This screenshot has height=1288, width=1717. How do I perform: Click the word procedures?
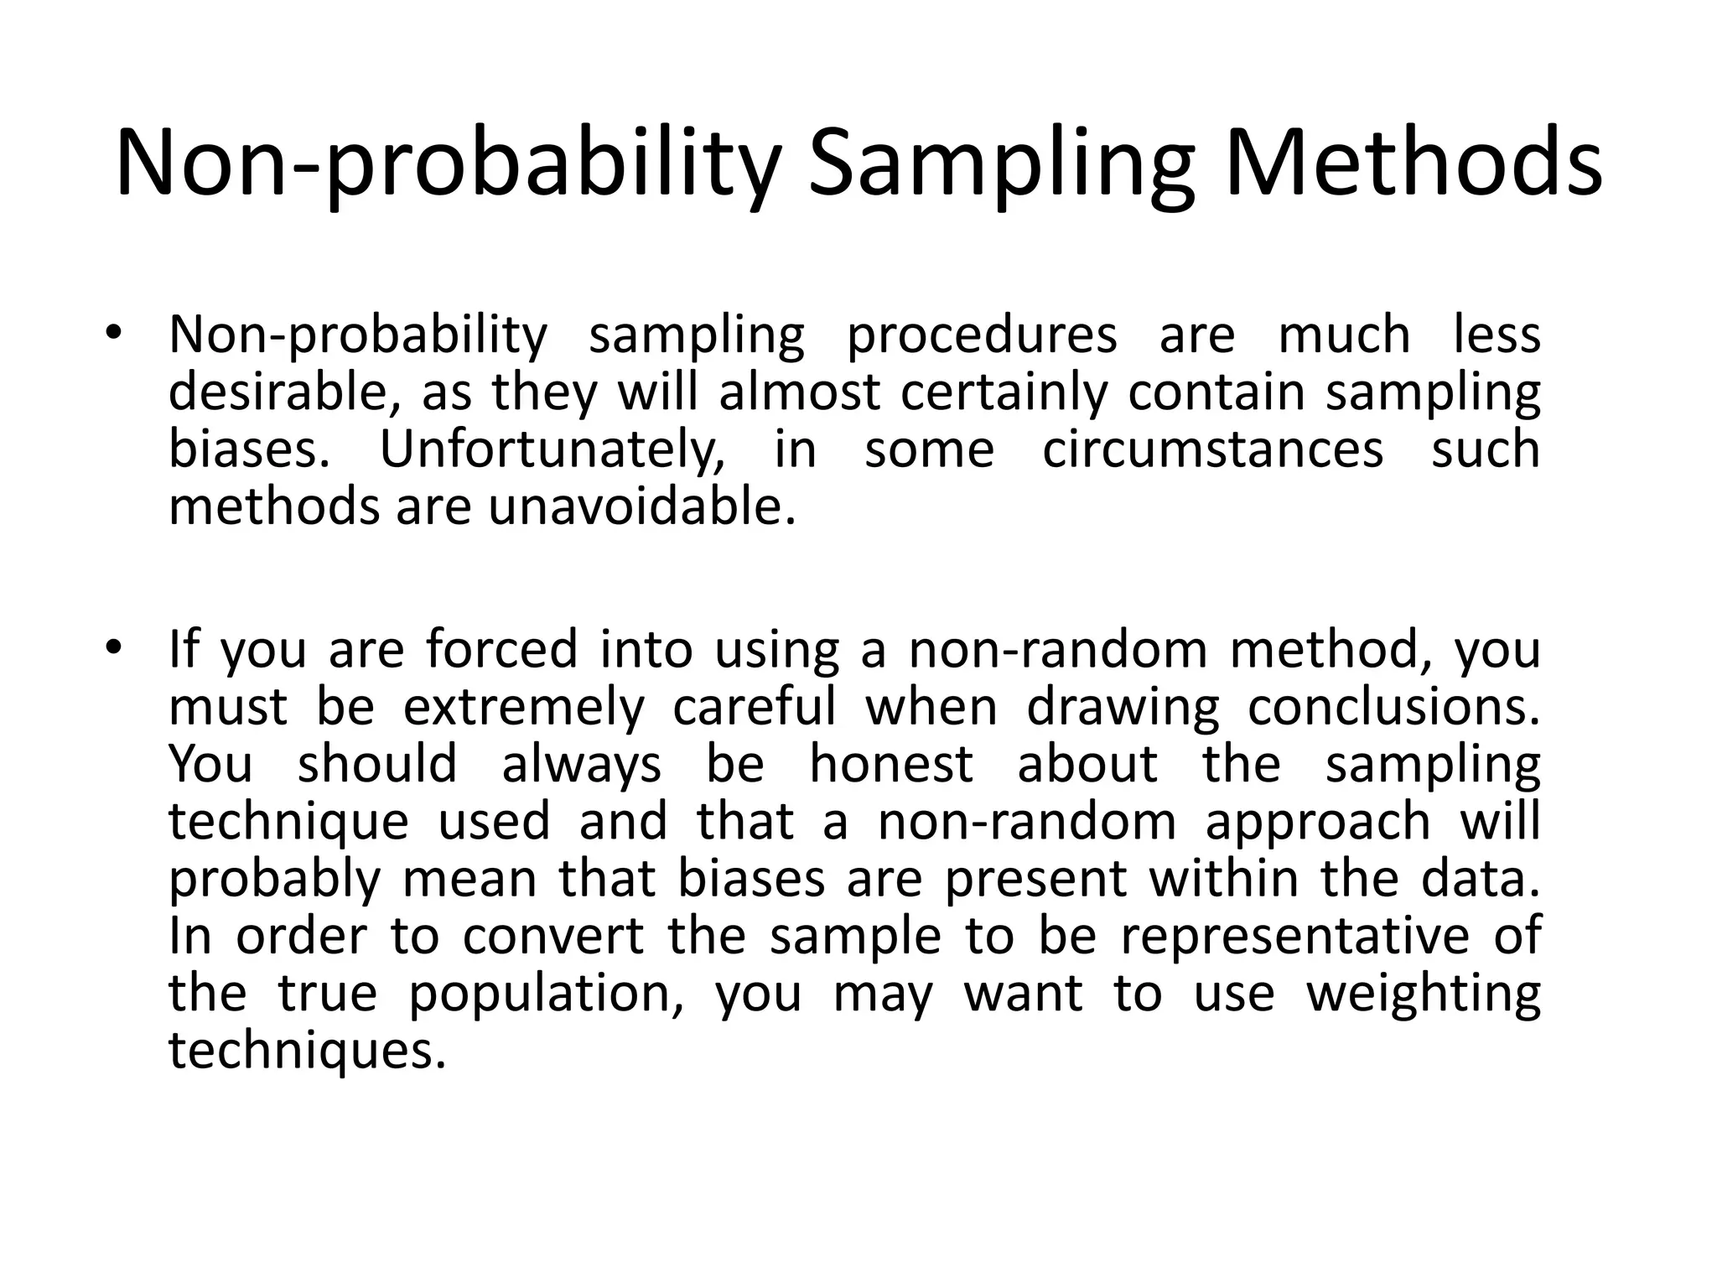click(x=981, y=335)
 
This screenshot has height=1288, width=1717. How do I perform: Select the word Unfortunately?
click(x=552, y=449)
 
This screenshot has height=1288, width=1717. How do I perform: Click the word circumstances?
click(x=1212, y=449)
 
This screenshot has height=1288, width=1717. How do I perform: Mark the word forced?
click(x=501, y=650)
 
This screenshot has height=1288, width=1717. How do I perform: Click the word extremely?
click(x=523, y=708)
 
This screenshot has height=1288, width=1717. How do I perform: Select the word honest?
click(x=890, y=765)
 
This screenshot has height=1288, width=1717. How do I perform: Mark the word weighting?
click(x=1423, y=995)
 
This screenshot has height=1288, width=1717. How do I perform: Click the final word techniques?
click(x=307, y=1051)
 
